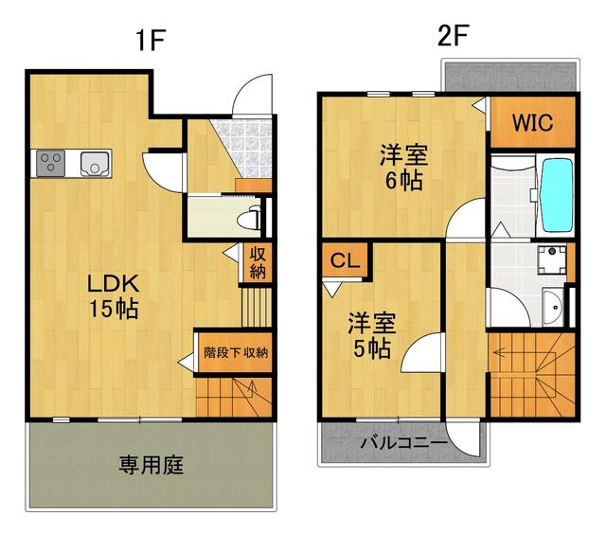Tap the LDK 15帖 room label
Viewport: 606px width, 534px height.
(x=115, y=295)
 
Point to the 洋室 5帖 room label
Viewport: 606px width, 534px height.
(x=368, y=334)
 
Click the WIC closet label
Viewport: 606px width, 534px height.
(x=532, y=123)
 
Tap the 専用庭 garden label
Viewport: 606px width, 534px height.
(x=151, y=465)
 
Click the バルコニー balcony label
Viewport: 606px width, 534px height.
(x=403, y=442)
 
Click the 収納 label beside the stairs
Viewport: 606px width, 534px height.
(x=258, y=262)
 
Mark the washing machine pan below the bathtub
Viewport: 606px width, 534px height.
(x=548, y=259)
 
